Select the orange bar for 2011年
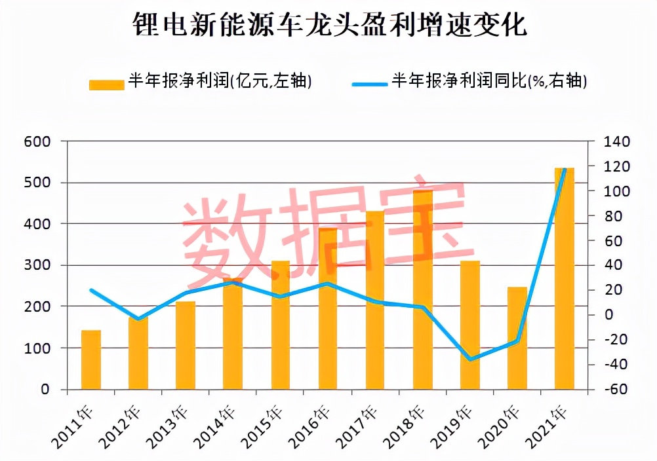90,360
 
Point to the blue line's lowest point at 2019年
469,360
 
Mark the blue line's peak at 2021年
565,170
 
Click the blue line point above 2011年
90,290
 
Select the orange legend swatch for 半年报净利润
106,84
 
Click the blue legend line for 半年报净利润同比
370,83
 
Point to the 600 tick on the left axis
37,141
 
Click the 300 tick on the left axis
37,265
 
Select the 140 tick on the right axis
616,141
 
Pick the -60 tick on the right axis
616,390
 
